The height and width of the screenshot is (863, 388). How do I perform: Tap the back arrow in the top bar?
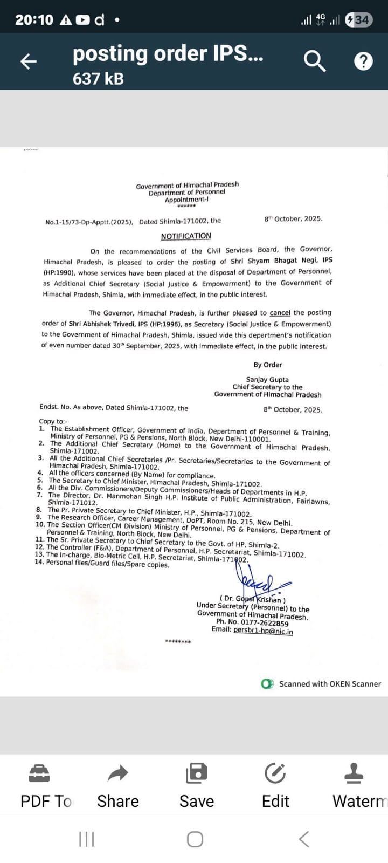(28, 61)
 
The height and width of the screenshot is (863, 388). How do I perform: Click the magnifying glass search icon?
(315, 61)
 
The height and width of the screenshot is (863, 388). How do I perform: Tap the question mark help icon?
(363, 61)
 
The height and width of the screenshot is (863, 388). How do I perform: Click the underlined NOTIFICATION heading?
(186, 236)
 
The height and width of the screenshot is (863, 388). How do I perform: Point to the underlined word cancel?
(280, 313)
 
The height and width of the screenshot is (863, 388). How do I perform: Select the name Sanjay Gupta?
(267, 380)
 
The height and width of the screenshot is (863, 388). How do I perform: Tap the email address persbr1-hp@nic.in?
(263, 631)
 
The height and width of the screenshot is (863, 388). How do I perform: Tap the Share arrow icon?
(117, 774)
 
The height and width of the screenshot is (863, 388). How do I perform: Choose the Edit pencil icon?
(275, 774)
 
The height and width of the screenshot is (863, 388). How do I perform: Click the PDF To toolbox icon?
(39, 774)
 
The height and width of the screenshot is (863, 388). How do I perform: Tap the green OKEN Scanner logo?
(267, 684)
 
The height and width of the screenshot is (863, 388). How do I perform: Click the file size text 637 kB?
(98, 79)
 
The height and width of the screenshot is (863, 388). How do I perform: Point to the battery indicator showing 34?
(358, 20)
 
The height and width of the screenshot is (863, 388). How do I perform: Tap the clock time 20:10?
(34, 20)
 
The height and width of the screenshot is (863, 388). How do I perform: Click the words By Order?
(268, 365)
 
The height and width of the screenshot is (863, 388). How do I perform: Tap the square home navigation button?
(195, 839)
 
